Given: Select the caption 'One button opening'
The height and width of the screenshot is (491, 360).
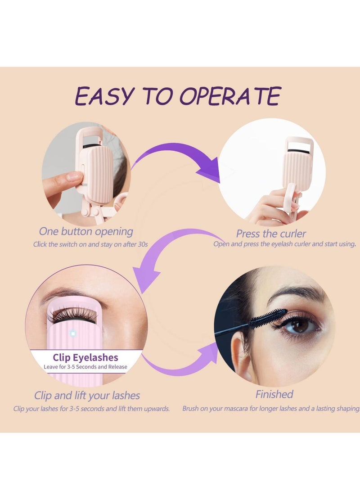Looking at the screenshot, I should pyautogui.click(x=86, y=231).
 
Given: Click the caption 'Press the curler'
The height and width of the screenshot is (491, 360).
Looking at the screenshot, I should pyautogui.click(x=271, y=234).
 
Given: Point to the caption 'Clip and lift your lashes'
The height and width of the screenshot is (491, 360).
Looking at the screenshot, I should pyautogui.click(x=87, y=396).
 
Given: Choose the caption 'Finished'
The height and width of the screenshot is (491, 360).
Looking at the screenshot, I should pyautogui.click(x=274, y=394).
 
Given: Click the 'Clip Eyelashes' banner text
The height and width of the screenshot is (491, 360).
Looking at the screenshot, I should pyautogui.click(x=85, y=357).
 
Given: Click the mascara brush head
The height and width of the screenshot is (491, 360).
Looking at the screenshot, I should pyautogui.click(x=268, y=318).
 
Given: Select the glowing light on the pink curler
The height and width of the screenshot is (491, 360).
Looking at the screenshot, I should pyautogui.click(x=73, y=333).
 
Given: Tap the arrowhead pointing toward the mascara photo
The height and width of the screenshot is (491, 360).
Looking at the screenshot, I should pyautogui.click(x=208, y=353).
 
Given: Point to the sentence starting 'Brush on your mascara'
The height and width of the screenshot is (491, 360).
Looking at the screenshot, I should pyautogui.click(x=271, y=409).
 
